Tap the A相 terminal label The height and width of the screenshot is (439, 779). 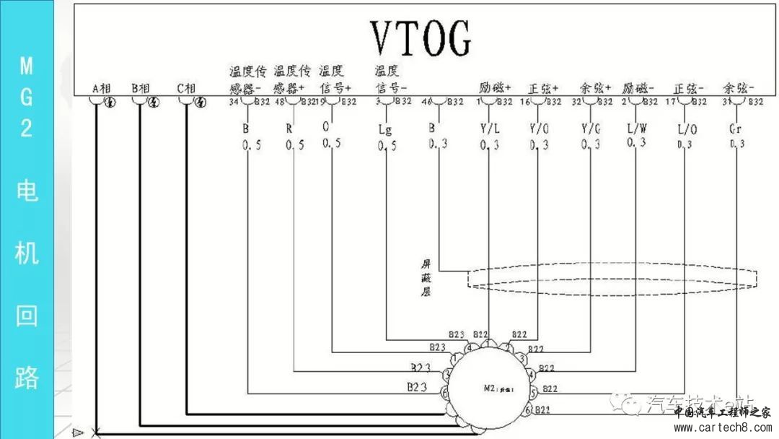pyautogui.click(x=101, y=89)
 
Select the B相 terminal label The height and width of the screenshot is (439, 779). pyautogui.click(x=140, y=89)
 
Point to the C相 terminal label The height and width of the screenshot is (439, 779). pyautogui.click(x=186, y=89)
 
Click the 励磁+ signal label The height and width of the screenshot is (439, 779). pyautogui.click(x=495, y=88)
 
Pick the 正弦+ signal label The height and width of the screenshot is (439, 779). pyautogui.click(x=544, y=88)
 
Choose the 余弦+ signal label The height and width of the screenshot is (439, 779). pyautogui.click(x=595, y=88)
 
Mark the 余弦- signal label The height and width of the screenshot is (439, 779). pyautogui.click(x=738, y=88)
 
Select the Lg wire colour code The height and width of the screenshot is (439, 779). pyautogui.click(x=385, y=129)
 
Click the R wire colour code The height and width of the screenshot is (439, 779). pyautogui.click(x=289, y=128)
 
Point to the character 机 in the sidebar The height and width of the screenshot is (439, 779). pyautogui.click(x=26, y=253)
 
